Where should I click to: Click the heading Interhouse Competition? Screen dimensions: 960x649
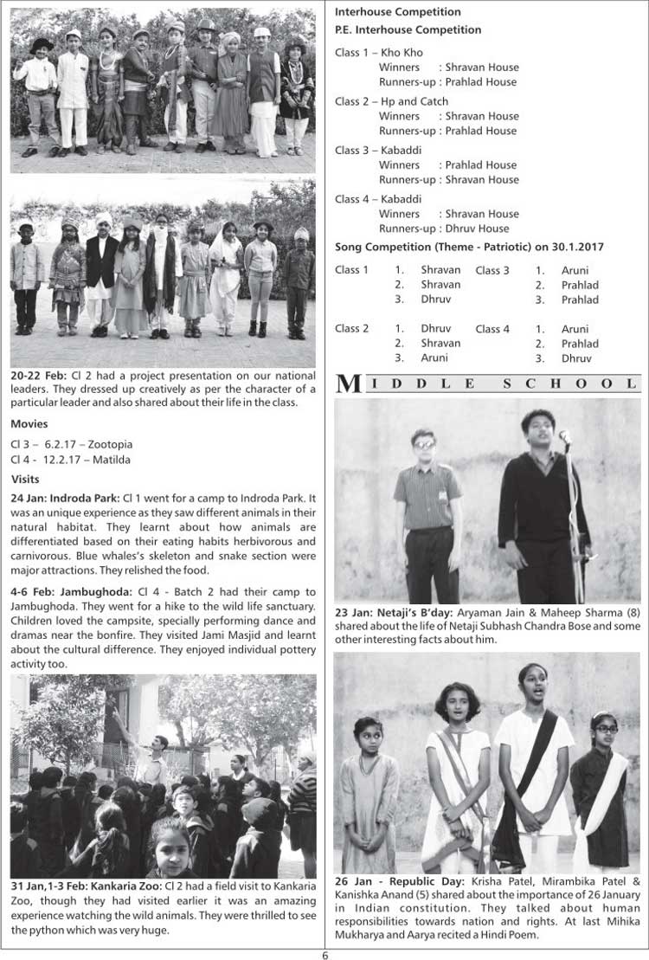click(397, 12)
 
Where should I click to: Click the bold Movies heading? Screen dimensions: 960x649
click(29, 424)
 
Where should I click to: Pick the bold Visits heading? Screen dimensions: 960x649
click(26, 479)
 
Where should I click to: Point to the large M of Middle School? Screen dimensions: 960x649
click(348, 384)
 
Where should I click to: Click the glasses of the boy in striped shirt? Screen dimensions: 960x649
click(424, 444)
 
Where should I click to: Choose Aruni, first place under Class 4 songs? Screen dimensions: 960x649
click(575, 329)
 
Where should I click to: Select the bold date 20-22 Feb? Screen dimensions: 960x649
click(36, 377)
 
